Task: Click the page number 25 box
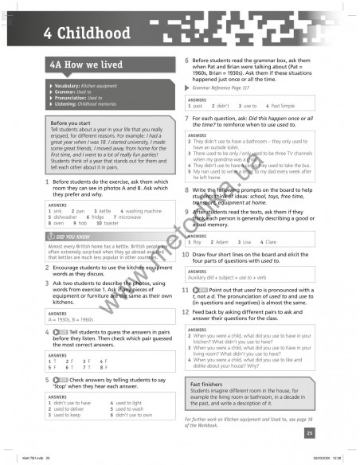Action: pos(308,432)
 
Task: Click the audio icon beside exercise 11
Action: pos(202,290)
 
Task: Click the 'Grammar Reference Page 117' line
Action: pos(224,88)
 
